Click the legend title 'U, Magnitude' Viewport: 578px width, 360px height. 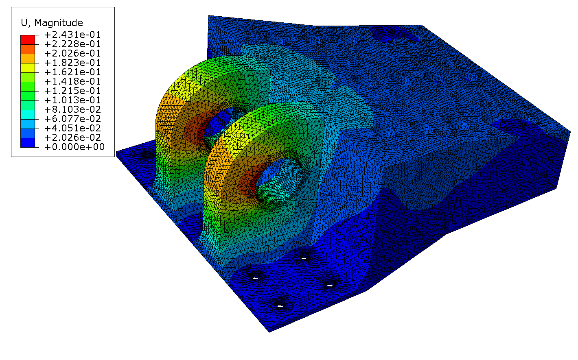52,23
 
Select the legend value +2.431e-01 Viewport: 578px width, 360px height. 72,35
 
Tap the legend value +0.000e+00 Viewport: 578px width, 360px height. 74,147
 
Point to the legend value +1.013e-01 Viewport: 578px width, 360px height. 72,100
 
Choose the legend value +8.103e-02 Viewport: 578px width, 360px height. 72,109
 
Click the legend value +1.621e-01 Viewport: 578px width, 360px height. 72,72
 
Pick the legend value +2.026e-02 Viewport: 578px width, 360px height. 72,137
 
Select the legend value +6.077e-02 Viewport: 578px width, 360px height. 72,119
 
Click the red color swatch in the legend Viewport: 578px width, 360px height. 28,40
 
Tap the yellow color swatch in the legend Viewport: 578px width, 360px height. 28,68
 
